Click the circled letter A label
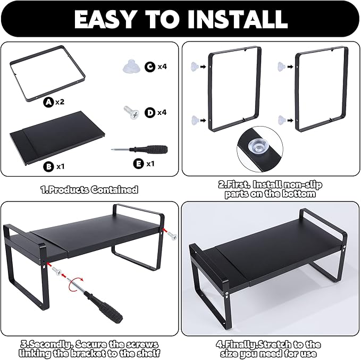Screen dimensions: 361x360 pyautogui.click(x=48, y=102)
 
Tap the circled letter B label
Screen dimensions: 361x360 pyautogui.click(x=48, y=166)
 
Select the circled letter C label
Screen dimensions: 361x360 pyautogui.click(x=150, y=67)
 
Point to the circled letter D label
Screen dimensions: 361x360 pyautogui.click(x=150, y=113)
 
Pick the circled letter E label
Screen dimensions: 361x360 pyautogui.click(x=139, y=164)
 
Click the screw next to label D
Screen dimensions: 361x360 pyautogui.click(x=131, y=112)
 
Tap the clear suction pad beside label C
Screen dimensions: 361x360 pyautogui.click(x=131, y=66)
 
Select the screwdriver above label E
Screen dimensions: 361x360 pyautogui.click(x=139, y=149)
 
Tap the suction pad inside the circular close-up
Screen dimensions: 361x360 pyautogui.click(x=257, y=145)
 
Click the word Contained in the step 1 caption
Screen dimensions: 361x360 pyautogui.click(x=114, y=190)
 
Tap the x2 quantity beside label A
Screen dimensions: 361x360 pyautogui.click(x=60, y=102)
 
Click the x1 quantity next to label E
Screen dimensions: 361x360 pyautogui.click(x=150, y=164)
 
